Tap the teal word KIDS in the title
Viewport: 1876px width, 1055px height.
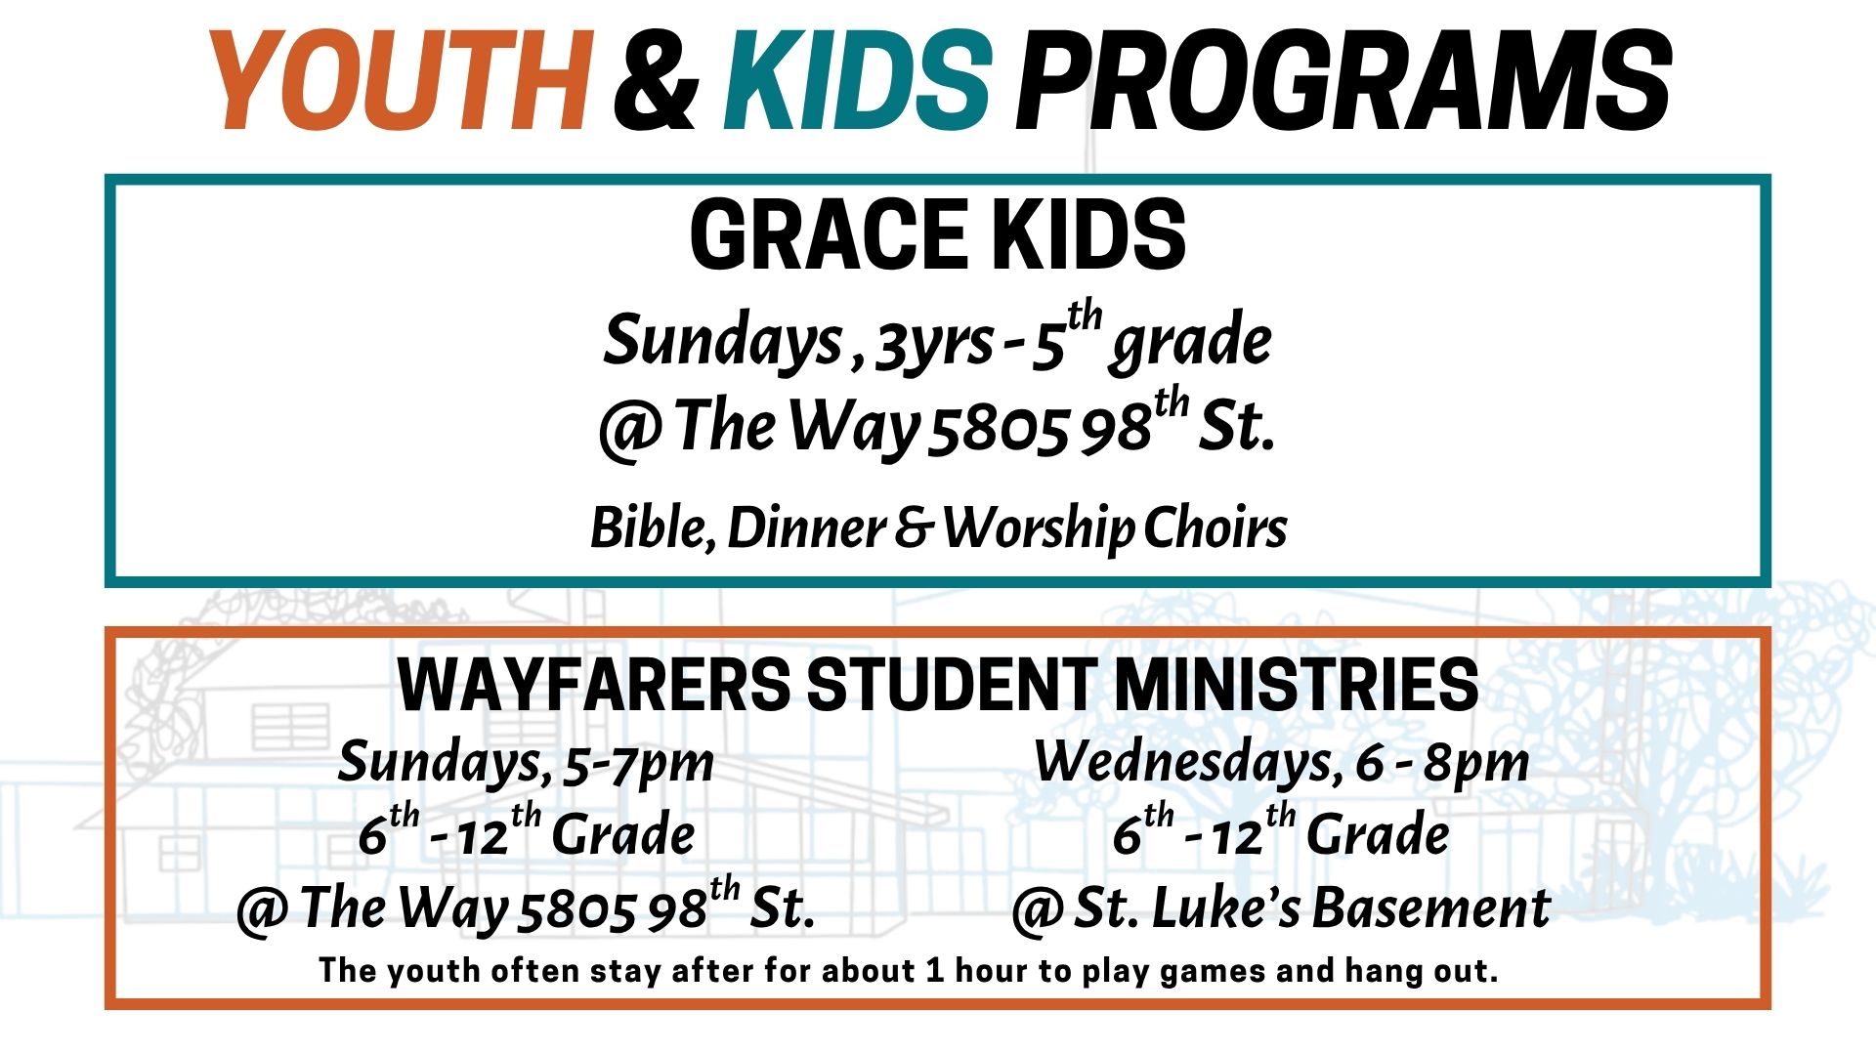(858, 80)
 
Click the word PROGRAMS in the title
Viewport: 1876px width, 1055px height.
(1343, 80)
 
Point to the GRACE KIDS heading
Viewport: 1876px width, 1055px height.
(938, 235)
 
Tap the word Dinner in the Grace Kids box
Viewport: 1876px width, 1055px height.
(806, 527)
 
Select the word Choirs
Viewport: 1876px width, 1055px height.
(1215, 527)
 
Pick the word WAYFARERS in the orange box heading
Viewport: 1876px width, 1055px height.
(594, 685)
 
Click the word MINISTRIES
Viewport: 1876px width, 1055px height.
(1297, 685)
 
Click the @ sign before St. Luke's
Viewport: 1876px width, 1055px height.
(1037, 910)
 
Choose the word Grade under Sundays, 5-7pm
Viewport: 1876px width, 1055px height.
(623, 835)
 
